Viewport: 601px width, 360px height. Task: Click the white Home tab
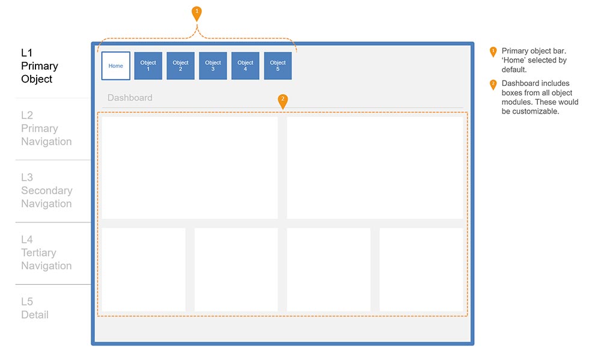click(116, 66)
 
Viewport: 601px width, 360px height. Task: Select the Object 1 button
click(148, 66)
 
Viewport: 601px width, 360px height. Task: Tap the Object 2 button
click(180, 66)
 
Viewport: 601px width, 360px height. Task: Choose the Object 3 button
click(213, 66)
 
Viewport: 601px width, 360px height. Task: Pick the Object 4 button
click(245, 66)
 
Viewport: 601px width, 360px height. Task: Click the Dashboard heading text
click(130, 98)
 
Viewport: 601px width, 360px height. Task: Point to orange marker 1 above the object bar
click(197, 14)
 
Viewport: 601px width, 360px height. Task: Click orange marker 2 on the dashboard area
click(283, 102)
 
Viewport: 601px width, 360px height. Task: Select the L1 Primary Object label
click(40, 66)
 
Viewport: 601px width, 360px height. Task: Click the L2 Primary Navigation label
click(46, 129)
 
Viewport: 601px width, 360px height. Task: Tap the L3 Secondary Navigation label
click(47, 191)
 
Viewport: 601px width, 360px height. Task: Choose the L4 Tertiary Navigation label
click(46, 252)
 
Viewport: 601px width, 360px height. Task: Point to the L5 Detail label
click(35, 308)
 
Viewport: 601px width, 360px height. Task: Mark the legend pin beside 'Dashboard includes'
click(493, 85)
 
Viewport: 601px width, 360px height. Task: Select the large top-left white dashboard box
click(190, 168)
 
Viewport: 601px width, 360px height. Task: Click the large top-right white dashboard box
click(375, 168)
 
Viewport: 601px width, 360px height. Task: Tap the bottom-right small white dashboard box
click(421, 269)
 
